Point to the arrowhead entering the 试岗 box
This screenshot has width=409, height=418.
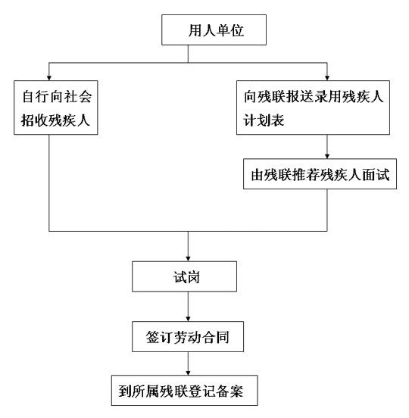[x=188, y=259]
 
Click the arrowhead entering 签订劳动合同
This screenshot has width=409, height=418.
[x=188, y=319]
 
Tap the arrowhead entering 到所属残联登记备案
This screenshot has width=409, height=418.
[x=188, y=373]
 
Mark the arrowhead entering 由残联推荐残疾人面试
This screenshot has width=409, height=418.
[x=327, y=157]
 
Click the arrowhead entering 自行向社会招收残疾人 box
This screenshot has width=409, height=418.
[x=48, y=78]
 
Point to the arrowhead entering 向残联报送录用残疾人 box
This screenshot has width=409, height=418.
[x=327, y=78]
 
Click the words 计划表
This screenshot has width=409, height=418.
[x=264, y=120]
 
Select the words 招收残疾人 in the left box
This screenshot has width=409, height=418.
[x=55, y=120]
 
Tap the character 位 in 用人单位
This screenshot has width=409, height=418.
[x=237, y=30]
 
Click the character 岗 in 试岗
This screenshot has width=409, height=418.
[x=193, y=277]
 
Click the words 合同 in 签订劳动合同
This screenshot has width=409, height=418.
[x=215, y=337]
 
